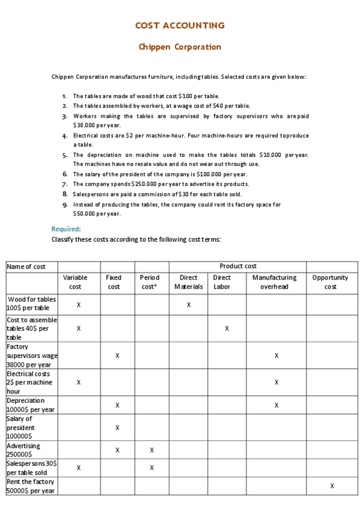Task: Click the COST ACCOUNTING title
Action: (x=180, y=25)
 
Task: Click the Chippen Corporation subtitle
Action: (x=180, y=47)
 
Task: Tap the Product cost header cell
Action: (x=237, y=266)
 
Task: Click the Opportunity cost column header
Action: (x=330, y=282)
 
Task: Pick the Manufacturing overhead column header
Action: (x=274, y=282)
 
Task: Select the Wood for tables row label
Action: (x=31, y=303)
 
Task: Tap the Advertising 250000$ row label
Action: (x=23, y=450)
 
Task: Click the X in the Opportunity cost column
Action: (x=332, y=485)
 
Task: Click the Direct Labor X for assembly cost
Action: (x=227, y=328)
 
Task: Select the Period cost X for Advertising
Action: (x=152, y=450)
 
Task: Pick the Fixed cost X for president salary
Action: (x=117, y=428)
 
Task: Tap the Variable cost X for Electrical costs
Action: (x=79, y=382)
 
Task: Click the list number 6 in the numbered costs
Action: (x=64, y=174)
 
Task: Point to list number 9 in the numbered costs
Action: (x=64, y=204)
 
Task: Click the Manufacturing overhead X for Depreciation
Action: (x=276, y=405)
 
